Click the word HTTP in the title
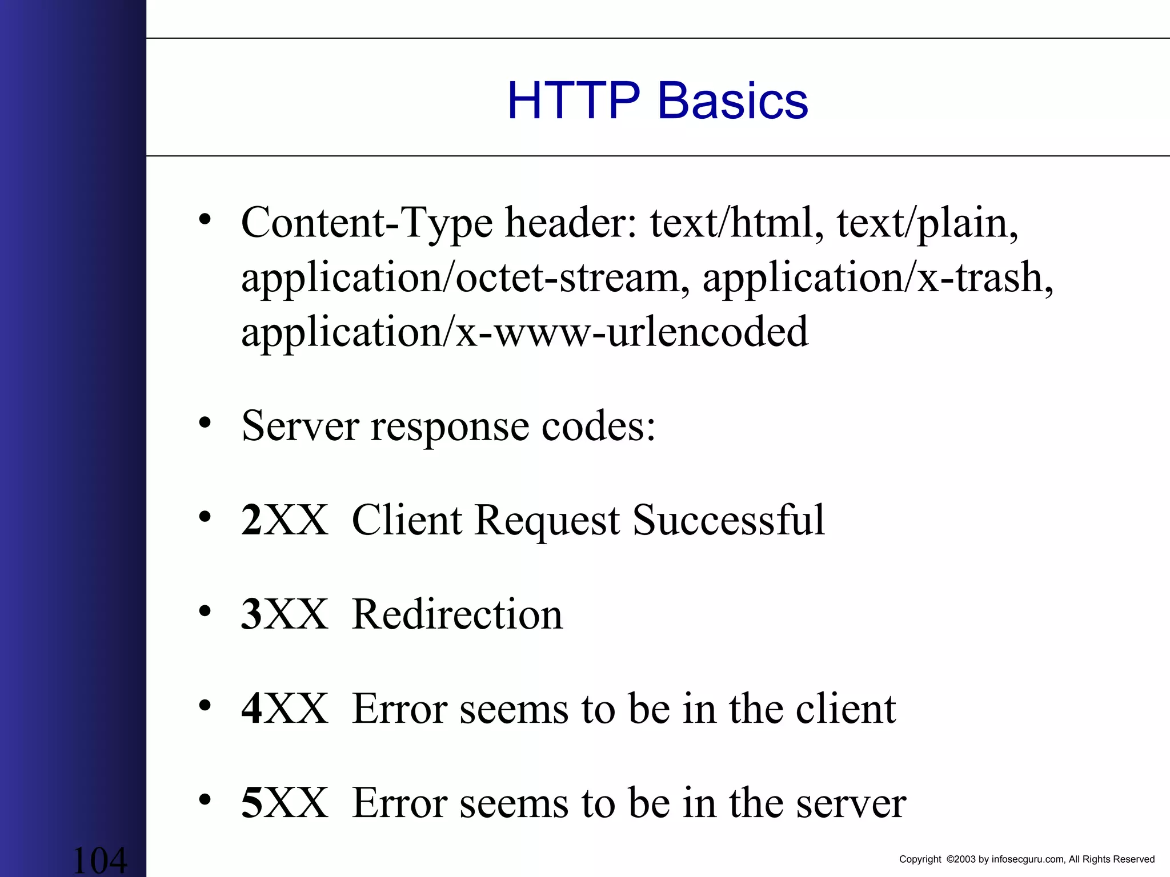point(574,100)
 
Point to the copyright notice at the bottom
point(1027,859)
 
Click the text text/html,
point(737,223)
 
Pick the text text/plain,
point(927,223)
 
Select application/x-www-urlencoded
point(524,332)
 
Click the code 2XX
point(285,520)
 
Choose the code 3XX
point(285,614)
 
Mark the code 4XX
point(285,709)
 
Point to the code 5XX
point(285,803)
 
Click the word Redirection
point(457,614)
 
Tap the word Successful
point(728,520)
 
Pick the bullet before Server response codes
point(205,423)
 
